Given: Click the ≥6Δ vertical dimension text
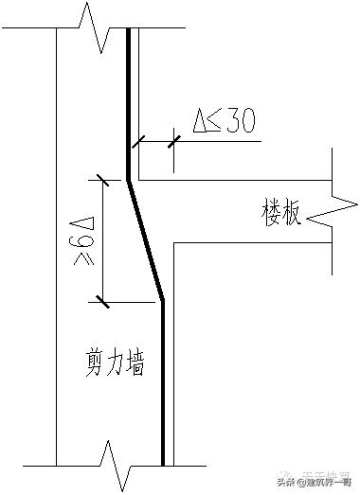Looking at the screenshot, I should coord(83,240).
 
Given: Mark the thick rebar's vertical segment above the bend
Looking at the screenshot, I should coord(128,104).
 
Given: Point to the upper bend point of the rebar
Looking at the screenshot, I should coord(128,178).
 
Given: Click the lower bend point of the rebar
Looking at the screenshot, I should coord(163,301).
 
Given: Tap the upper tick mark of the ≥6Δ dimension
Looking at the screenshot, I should coord(100,178).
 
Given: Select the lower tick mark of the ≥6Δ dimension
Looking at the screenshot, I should coord(100,302).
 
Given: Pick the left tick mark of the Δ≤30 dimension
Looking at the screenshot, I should coord(138,142).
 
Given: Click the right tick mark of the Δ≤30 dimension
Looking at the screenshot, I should coord(174,142).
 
